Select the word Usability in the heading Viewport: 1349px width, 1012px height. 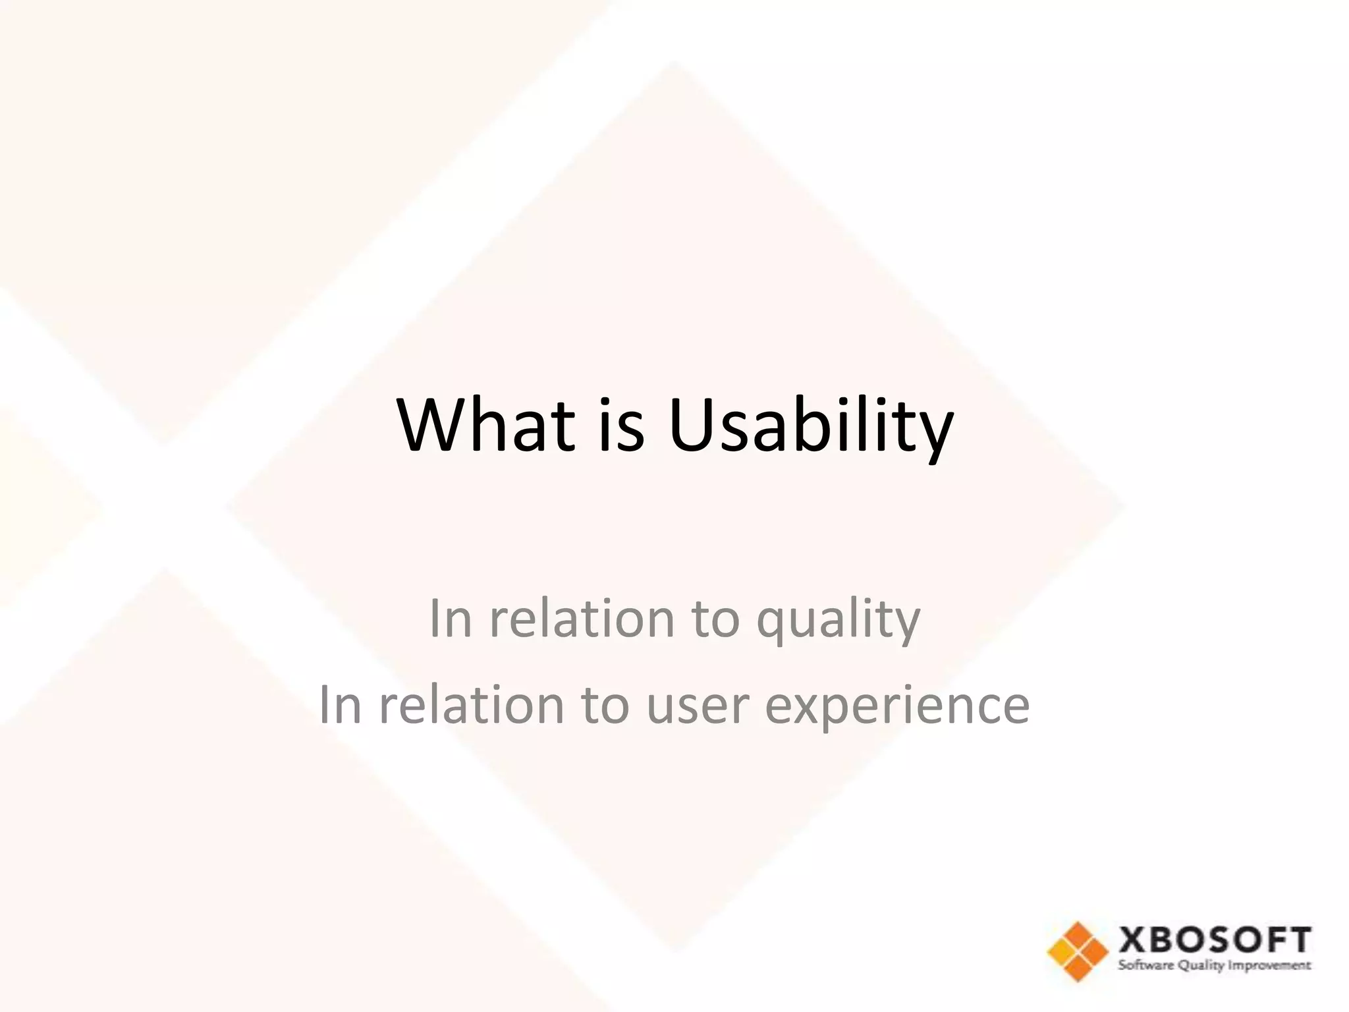pos(810,428)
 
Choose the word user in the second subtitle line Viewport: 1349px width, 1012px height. pos(698,705)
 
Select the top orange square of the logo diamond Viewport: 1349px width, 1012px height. pos(1078,934)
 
